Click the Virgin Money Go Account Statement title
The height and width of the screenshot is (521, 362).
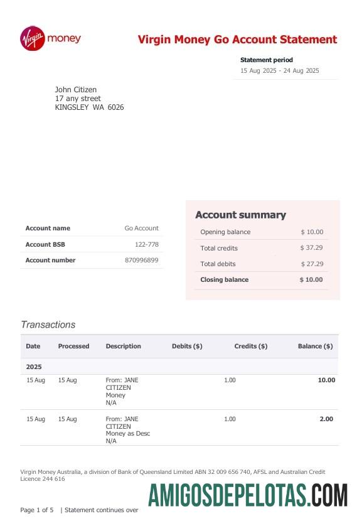pos(237,40)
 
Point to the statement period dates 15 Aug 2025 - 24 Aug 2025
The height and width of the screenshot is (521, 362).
pos(279,71)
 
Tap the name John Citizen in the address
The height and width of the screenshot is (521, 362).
pos(76,90)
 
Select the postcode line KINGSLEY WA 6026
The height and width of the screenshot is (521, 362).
pos(89,107)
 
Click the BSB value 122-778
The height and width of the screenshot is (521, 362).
pos(146,244)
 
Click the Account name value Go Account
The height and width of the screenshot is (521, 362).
pos(141,228)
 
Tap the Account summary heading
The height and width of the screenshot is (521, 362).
pos(240,215)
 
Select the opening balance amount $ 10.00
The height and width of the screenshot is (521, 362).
pos(311,232)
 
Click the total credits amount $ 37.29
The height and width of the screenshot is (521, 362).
pos(311,248)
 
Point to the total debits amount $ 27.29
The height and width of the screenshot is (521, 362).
pos(311,264)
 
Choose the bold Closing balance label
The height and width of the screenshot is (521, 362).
pos(224,279)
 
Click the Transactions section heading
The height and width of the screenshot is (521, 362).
pos(48,325)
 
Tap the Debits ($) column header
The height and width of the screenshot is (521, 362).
pos(186,346)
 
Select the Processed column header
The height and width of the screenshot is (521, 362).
pos(73,346)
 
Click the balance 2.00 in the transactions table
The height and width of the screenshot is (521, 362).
pos(326,419)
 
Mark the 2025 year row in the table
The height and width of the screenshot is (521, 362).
pos(34,367)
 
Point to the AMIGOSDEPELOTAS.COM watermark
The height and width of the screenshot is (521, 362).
pos(248,496)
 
